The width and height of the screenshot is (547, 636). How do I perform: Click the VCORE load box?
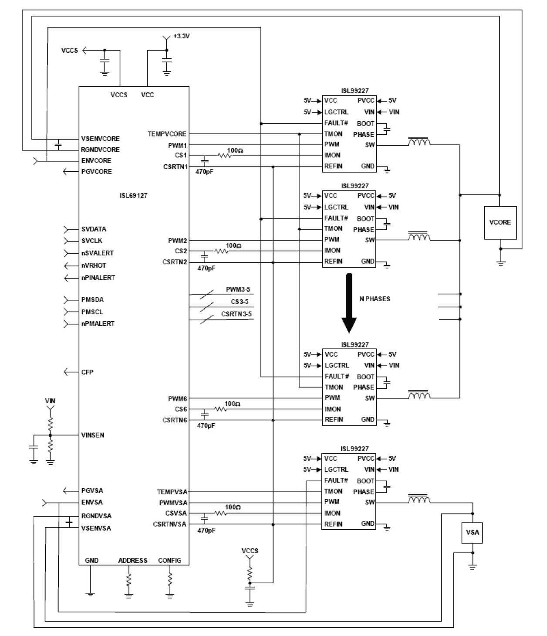[500, 222]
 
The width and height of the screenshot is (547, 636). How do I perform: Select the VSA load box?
[472, 532]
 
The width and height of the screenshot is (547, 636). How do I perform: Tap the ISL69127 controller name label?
[133, 196]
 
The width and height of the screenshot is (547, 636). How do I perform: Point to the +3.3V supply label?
[181, 36]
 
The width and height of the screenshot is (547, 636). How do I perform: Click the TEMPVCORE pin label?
[167, 134]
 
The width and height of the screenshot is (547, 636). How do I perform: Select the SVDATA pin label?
[94, 229]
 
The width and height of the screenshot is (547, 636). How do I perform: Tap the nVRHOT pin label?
[94, 265]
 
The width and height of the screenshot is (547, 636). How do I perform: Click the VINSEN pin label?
[93, 435]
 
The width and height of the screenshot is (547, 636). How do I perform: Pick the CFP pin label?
[87, 372]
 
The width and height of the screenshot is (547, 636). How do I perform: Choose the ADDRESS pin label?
[133, 561]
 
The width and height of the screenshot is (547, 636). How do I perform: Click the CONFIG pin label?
[169, 561]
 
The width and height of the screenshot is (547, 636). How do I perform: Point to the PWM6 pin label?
[177, 399]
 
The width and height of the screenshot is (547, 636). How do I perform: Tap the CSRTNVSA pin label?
[169, 524]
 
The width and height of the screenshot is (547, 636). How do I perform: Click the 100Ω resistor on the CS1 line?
[224, 155]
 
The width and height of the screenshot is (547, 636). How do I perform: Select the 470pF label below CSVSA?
[206, 531]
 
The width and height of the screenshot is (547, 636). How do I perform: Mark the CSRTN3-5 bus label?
[236, 314]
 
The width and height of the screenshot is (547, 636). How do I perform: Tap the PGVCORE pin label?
[96, 172]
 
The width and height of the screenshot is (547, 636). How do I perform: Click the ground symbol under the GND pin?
[90, 593]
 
